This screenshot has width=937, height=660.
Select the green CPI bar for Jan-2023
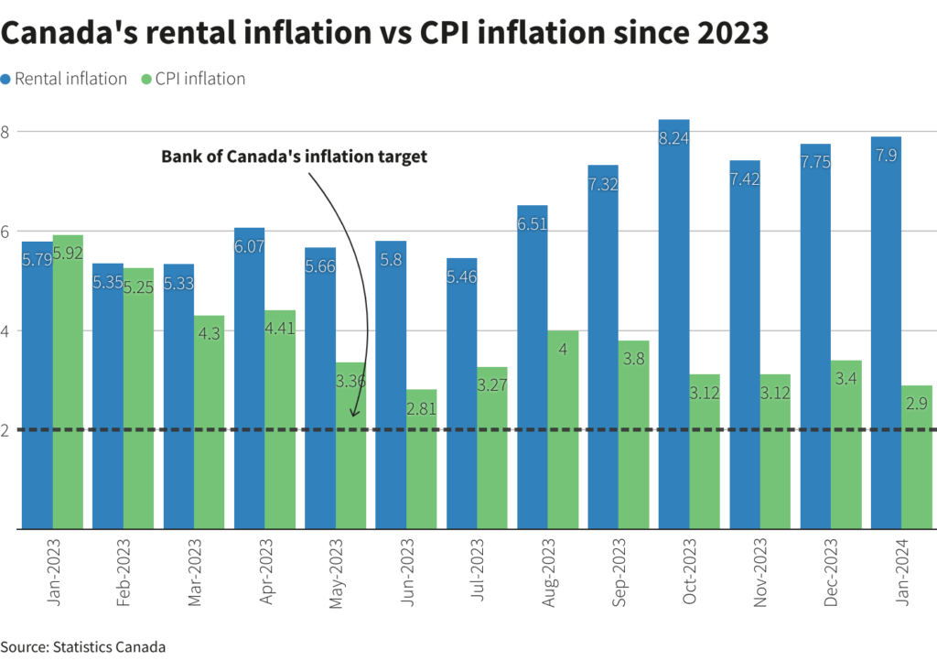point(68,384)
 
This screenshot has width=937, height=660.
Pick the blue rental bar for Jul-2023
point(461,394)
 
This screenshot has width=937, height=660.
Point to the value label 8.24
point(673,138)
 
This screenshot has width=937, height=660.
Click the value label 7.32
point(603,184)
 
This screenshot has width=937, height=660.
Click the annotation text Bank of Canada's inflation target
point(295,157)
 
